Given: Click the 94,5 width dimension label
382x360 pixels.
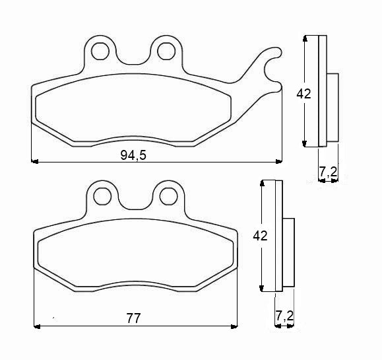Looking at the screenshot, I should click(133, 155).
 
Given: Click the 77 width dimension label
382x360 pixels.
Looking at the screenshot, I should click(133, 318).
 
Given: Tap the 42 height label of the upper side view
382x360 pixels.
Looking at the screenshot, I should click(303, 94).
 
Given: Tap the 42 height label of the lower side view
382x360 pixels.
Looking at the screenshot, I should click(261, 236).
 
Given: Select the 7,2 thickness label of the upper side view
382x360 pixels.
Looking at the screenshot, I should click(328, 172).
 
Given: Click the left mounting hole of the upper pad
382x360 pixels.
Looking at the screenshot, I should click(101, 50).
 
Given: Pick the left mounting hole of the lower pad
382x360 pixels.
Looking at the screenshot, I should click(102, 196).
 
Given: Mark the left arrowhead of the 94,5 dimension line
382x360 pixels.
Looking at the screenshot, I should click(35, 161).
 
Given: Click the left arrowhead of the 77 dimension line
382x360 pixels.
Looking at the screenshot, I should click(37, 326).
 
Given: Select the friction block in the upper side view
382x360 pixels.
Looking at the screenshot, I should click(333, 107).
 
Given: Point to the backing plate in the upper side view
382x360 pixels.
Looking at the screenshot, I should click(323, 90).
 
